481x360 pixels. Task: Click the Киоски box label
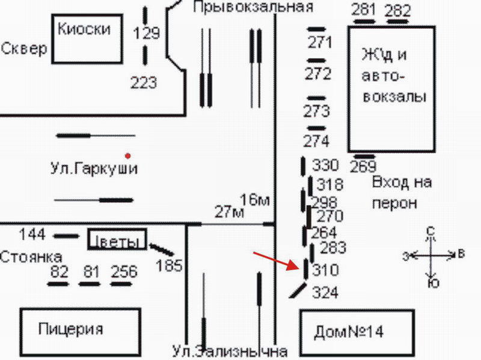click(84, 29)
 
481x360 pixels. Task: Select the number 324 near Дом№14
click(325, 293)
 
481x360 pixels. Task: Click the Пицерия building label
click(70, 329)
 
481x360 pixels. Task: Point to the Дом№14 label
click(349, 331)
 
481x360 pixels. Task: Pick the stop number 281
click(364, 10)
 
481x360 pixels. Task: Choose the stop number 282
click(397, 10)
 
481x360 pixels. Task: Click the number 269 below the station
click(363, 166)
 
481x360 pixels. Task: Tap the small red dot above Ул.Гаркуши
click(127, 154)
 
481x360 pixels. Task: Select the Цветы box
click(117, 240)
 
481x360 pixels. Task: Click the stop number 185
click(168, 264)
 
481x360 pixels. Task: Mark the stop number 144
click(32, 234)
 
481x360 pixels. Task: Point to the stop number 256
click(124, 272)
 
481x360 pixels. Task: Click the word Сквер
click(23, 49)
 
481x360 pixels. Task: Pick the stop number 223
click(144, 83)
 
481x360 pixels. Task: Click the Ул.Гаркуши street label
click(94, 169)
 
